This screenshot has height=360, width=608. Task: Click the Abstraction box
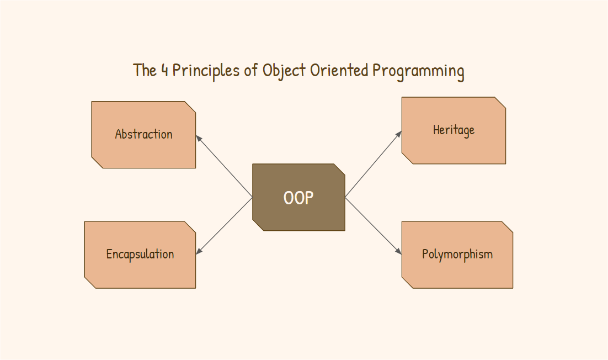pos(143,135)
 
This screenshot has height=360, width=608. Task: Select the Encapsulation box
pos(140,255)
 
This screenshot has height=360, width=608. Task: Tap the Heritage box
pos(454,130)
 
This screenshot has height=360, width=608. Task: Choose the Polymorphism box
pos(457,255)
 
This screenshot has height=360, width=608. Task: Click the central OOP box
pos(298,197)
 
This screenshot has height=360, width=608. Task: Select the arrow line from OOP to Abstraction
pos(225,167)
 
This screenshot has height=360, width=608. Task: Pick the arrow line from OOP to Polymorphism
pos(372,225)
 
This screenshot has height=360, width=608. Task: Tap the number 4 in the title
pos(164,71)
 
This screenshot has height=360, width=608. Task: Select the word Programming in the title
pos(418,71)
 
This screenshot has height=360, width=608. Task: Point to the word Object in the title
pos(284,71)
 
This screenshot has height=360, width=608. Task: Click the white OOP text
pos(298,198)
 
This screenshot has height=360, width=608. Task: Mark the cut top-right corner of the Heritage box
pos(500,103)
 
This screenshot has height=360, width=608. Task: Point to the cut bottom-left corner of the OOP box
pos(258,225)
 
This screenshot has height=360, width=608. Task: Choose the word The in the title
pos(145,71)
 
